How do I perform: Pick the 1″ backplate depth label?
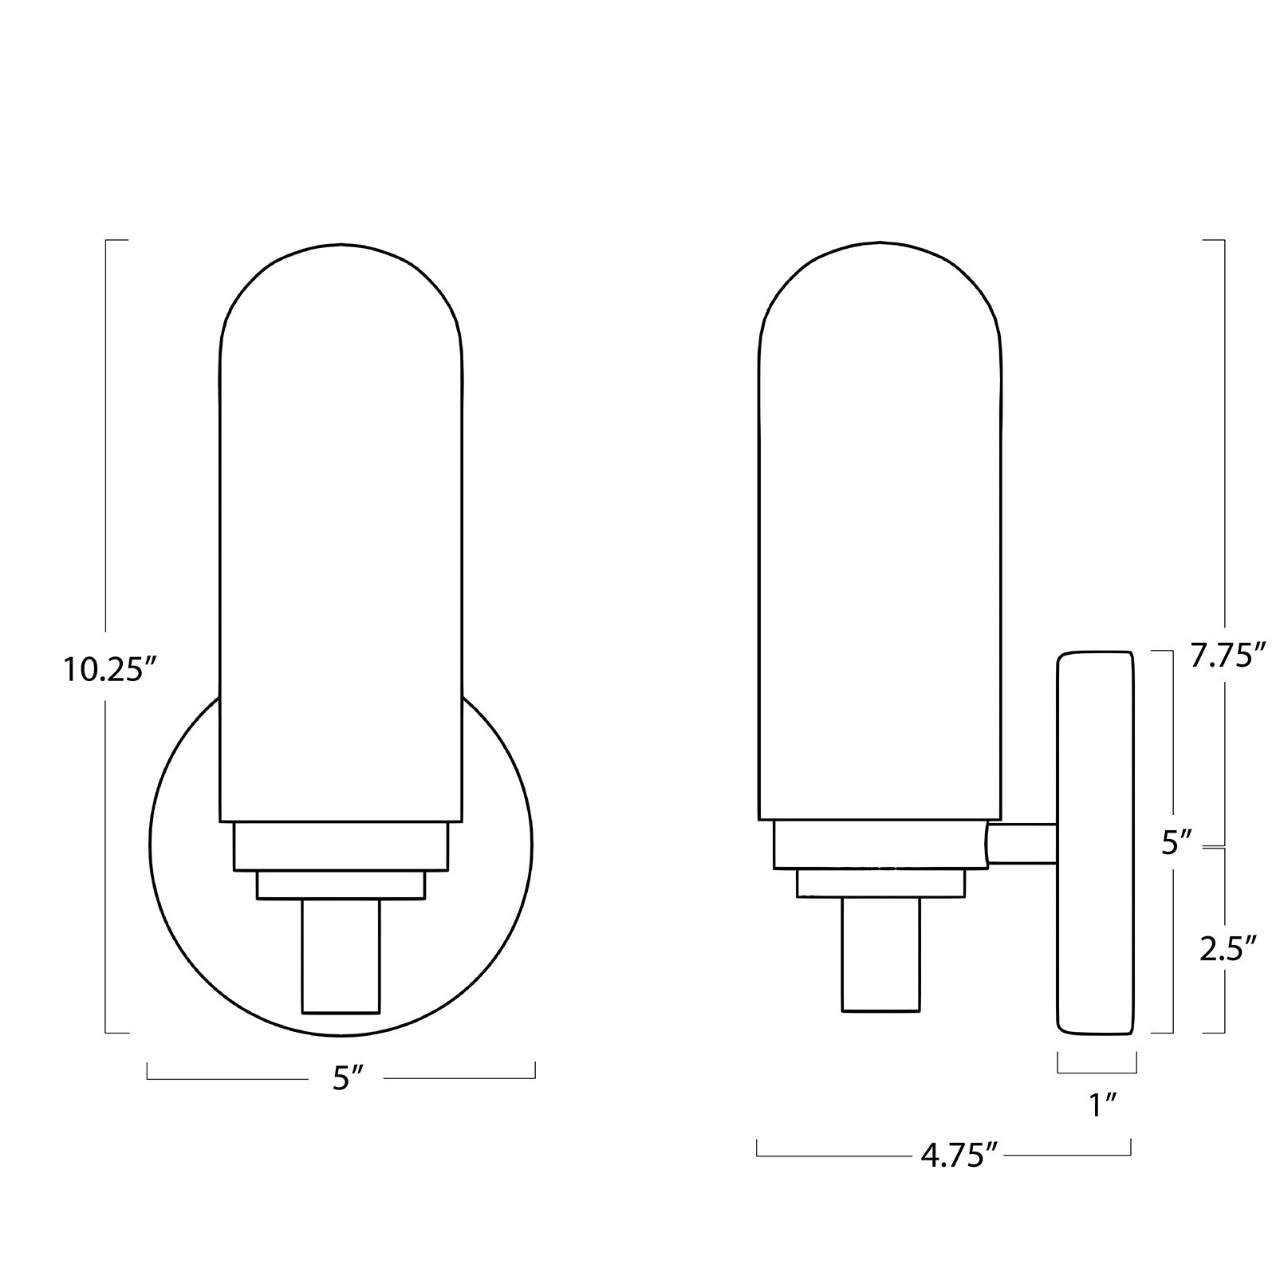[x=1102, y=1105]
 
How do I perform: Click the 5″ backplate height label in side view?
[x=1176, y=843]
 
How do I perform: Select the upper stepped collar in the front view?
[x=341, y=846]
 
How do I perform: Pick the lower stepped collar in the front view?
[x=341, y=885]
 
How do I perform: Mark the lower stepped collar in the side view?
[x=880, y=884]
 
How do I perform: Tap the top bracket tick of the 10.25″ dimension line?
[x=116, y=239]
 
